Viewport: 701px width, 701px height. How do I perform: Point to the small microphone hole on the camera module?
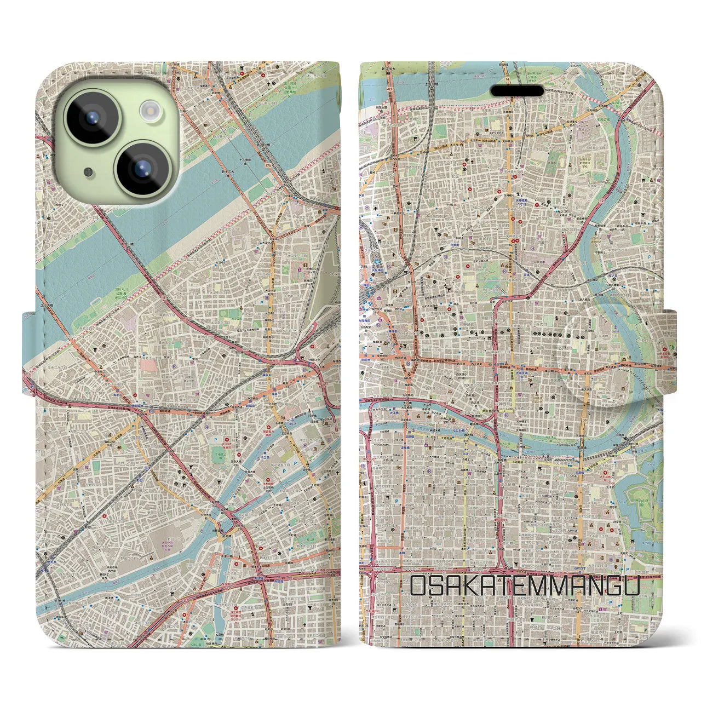pos(88,171)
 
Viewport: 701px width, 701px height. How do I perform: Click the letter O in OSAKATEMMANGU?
pos(417,587)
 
